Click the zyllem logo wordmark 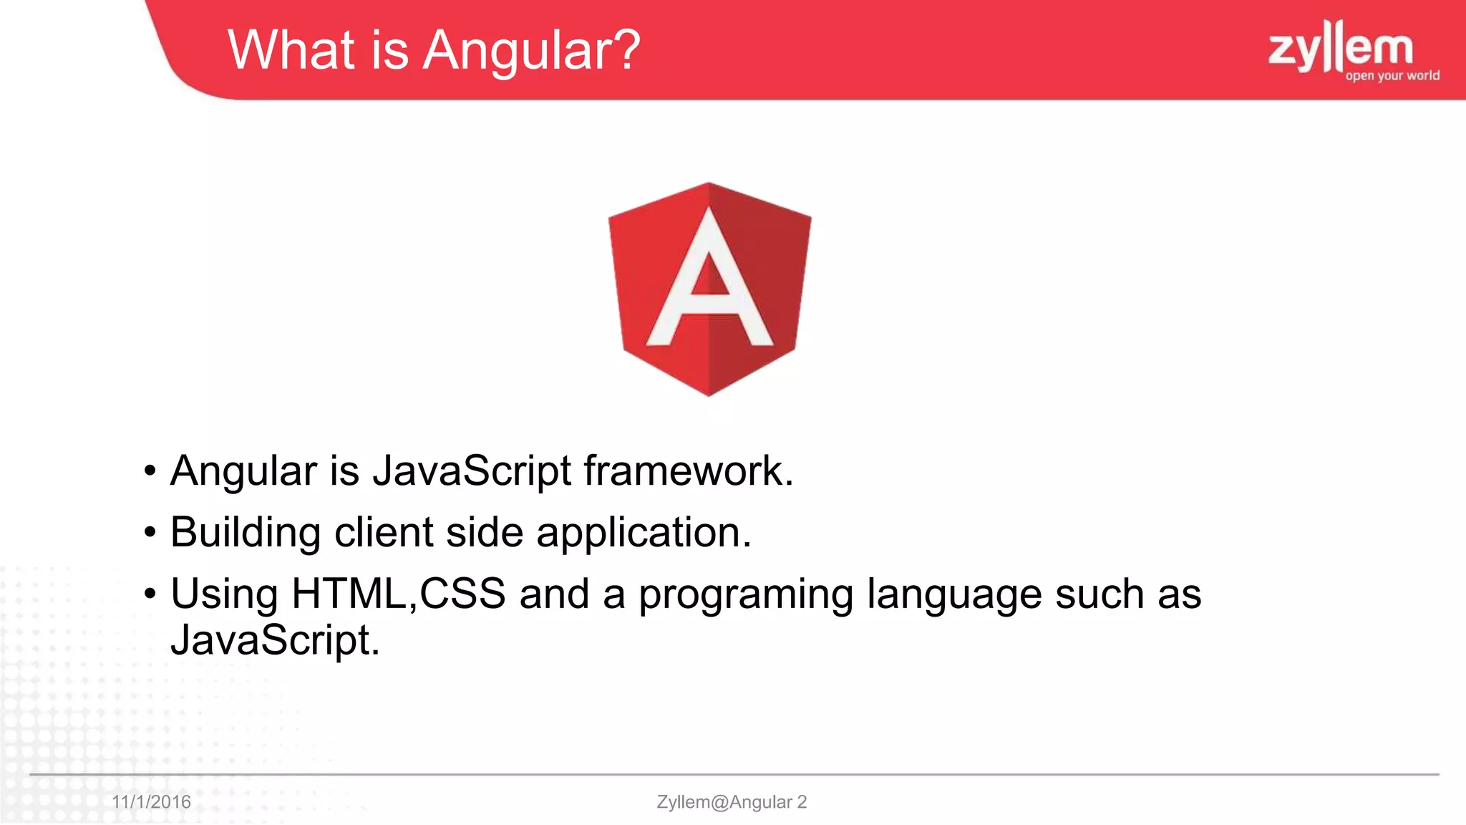click(1340, 47)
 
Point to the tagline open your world click(1392, 76)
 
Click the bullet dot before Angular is click(150, 472)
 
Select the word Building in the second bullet click(246, 533)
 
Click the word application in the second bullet click(643, 533)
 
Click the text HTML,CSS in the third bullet click(398, 594)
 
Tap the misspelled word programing click(745, 595)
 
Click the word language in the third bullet click(954, 595)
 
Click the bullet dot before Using click(150, 594)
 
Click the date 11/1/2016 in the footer click(151, 801)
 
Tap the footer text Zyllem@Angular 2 click(731, 801)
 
